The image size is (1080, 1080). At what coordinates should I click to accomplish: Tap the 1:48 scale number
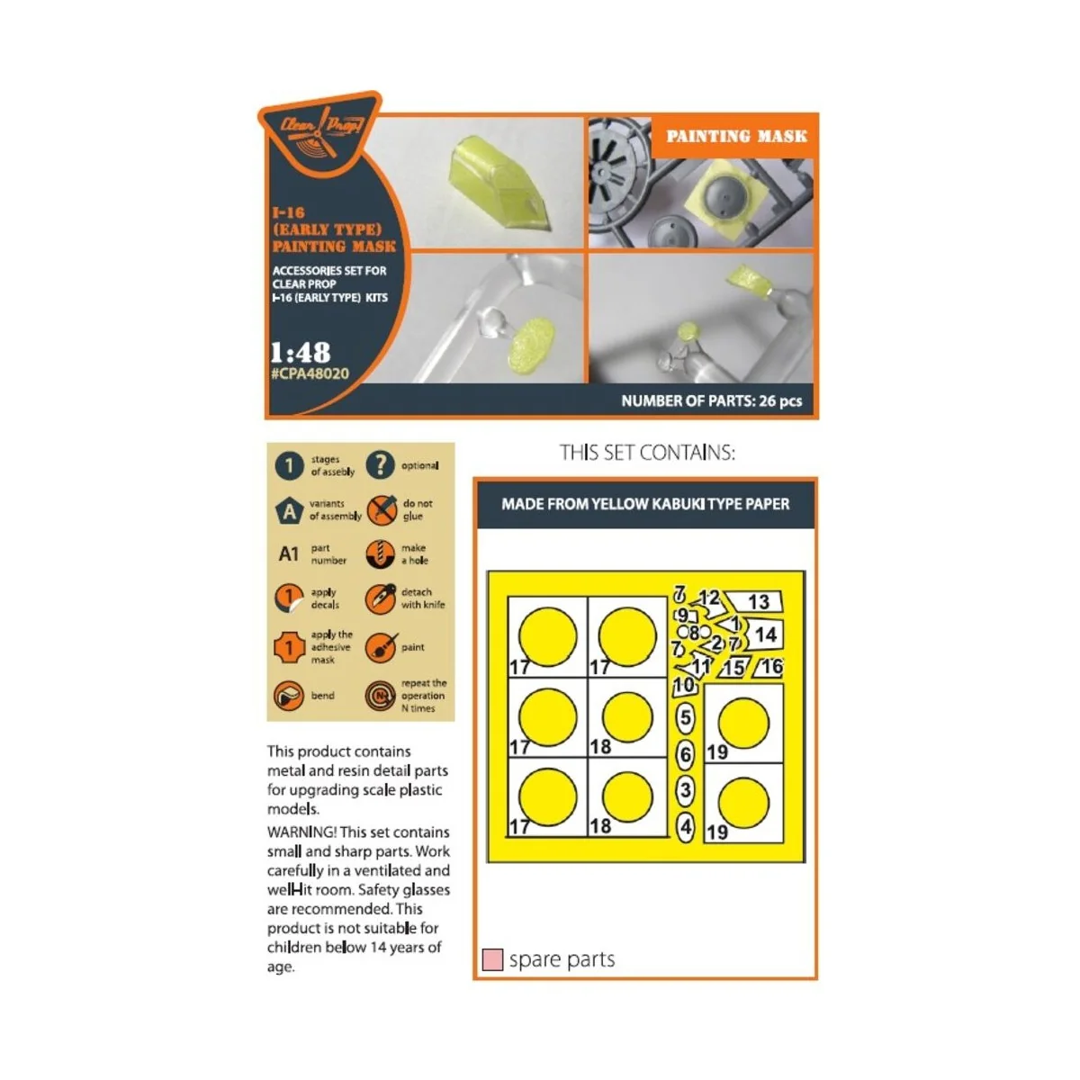pyautogui.click(x=301, y=352)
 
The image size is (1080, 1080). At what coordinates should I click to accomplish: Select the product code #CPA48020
pyautogui.click(x=310, y=373)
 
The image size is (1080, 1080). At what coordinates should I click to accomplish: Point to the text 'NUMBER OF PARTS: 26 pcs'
pyautogui.click(x=711, y=400)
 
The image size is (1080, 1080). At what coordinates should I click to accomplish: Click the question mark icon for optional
pyautogui.click(x=381, y=465)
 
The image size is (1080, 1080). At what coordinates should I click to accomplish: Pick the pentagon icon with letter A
pyautogui.click(x=289, y=510)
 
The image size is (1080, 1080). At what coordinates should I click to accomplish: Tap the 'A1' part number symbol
pyautogui.click(x=289, y=553)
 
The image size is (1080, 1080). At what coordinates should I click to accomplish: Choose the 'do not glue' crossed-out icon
pyautogui.click(x=381, y=510)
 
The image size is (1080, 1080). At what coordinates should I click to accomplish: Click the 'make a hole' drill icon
pyautogui.click(x=381, y=554)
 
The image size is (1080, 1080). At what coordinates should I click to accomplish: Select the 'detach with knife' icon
pyautogui.click(x=381, y=598)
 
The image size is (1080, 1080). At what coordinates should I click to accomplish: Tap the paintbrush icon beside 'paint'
pyautogui.click(x=381, y=647)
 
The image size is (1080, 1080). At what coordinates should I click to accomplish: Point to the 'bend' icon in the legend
pyautogui.click(x=289, y=696)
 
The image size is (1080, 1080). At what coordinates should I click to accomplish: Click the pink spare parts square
pyautogui.click(x=492, y=958)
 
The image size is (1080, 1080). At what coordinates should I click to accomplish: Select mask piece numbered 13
pyautogui.click(x=756, y=601)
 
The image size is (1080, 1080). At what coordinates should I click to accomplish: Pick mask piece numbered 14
pyautogui.click(x=764, y=634)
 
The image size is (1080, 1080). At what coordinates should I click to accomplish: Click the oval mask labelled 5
pyautogui.click(x=685, y=718)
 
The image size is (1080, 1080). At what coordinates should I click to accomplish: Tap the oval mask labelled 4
pyautogui.click(x=686, y=827)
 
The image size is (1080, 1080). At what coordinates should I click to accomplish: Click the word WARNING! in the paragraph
pyautogui.click(x=301, y=832)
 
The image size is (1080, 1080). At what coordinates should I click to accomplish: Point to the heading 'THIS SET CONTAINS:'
pyautogui.click(x=647, y=453)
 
